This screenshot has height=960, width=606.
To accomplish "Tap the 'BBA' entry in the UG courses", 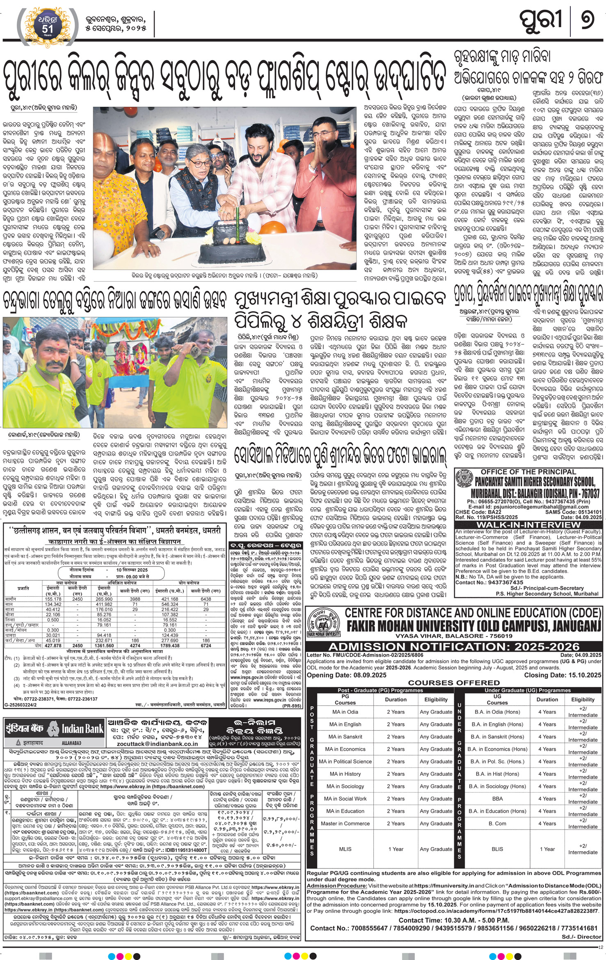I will coord(497,799).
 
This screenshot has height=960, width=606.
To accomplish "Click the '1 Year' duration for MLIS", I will coord(396,849).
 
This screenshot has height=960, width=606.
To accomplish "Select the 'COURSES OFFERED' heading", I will coord(454,683).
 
